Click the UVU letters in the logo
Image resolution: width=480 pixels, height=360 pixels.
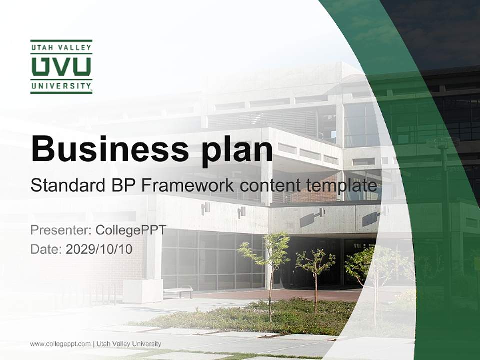point(61,66)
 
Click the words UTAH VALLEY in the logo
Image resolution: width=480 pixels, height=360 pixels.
point(61,48)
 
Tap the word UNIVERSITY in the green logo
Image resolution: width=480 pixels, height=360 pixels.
point(61,86)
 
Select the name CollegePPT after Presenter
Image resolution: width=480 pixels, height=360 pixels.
point(131,231)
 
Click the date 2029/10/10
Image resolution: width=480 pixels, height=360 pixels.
point(99,249)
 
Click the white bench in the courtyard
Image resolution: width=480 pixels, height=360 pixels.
point(178,291)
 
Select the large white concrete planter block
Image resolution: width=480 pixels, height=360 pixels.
point(143,291)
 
